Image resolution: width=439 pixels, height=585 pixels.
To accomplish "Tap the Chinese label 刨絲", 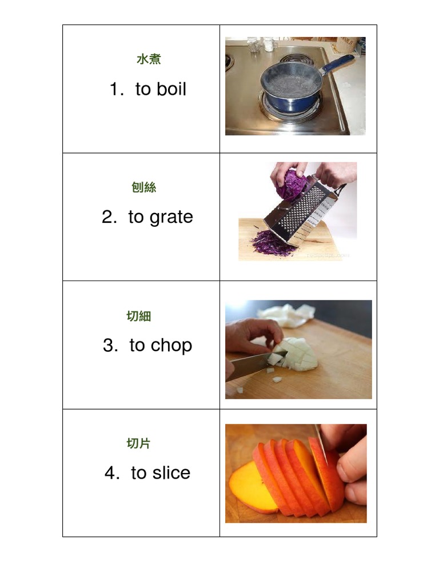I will coord(143,187).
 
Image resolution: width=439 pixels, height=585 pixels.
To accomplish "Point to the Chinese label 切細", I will coord(139,316).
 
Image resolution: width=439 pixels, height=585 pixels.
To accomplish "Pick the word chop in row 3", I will coord(171,346).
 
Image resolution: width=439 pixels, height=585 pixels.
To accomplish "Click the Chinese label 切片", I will coord(139,443).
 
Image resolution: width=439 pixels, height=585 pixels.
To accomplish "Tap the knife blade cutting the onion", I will coord(252,366).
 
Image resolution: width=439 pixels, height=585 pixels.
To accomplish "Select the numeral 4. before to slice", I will coord(112,473).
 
